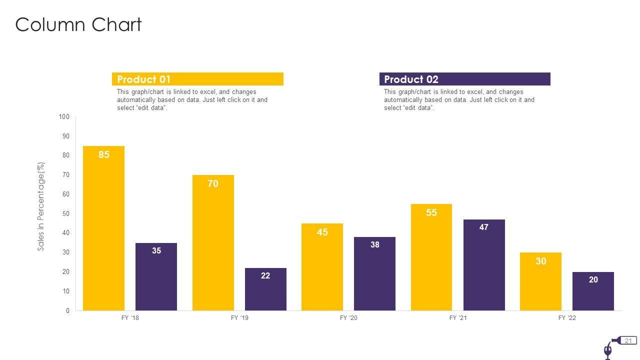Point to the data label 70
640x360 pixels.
pyautogui.click(x=213, y=184)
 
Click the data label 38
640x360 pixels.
pyautogui.click(x=375, y=245)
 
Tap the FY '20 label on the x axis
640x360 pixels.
pyautogui.click(x=349, y=318)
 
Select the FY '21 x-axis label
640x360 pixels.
pyautogui.click(x=458, y=318)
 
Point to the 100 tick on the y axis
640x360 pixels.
pyautogui.click(x=64, y=117)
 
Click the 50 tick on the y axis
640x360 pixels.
pyautogui.click(x=66, y=214)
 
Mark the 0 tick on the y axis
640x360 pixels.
pyautogui.click(x=67, y=311)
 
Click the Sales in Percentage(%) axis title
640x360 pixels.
pyautogui.click(x=41, y=206)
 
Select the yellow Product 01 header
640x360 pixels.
pyautogui.click(x=197, y=79)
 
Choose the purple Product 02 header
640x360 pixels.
pyautogui.click(x=464, y=79)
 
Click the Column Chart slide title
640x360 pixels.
pyautogui.click(x=78, y=24)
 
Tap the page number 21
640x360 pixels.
pyautogui.click(x=628, y=341)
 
